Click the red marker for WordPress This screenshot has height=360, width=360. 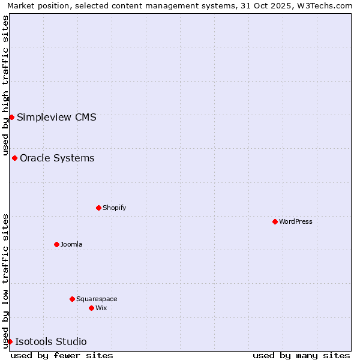pyautogui.click(x=275, y=221)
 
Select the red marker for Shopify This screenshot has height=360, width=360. pyautogui.click(x=98, y=208)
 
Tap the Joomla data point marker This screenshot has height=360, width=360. pyautogui.click(x=56, y=244)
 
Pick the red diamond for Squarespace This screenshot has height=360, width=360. pyautogui.click(x=72, y=299)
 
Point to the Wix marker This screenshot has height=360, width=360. pyautogui.click(x=91, y=308)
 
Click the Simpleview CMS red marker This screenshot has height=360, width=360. pyautogui.click(x=11, y=117)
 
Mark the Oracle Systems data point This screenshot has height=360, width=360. pyautogui.click(x=14, y=158)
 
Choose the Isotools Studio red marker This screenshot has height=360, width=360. pyautogui.click(x=10, y=341)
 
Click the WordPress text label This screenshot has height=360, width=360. pyautogui.click(x=296, y=221)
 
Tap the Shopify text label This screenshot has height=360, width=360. pyautogui.click(x=114, y=208)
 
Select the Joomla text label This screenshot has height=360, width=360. pyautogui.click(x=71, y=244)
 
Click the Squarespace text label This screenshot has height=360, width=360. pyautogui.click(x=97, y=299)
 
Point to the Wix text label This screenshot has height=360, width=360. pyautogui.click(x=101, y=308)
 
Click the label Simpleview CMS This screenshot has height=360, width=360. pyautogui.click(x=56, y=117)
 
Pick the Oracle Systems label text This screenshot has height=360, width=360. pyautogui.click(x=57, y=158)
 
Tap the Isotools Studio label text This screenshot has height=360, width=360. pyautogui.click(x=51, y=341)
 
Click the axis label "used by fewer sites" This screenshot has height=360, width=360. pyautogui.click(x=62, y=355)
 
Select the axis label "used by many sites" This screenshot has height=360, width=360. pyautogui.click(x=301, y=355)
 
